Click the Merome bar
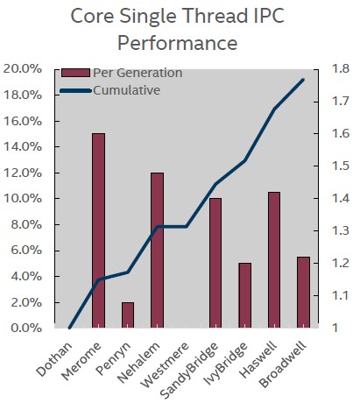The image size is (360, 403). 98,230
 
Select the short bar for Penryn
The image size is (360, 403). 128,315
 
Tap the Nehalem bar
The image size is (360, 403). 157,251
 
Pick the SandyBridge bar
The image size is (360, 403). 215,263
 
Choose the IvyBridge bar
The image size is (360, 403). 244,295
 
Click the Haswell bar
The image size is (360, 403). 274,260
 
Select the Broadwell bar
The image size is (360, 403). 303,293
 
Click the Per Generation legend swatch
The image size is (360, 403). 75,73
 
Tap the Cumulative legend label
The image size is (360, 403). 126,90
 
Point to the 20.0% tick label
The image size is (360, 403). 23,69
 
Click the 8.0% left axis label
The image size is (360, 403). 26,224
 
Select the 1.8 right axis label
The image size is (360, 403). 341,69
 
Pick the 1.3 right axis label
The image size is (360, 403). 341,230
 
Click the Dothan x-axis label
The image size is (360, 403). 54,358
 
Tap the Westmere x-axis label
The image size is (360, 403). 165,365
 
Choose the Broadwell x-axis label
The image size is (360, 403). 283,364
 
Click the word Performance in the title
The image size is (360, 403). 177,43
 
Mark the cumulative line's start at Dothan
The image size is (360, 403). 69,328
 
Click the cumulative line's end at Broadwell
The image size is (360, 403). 303,80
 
